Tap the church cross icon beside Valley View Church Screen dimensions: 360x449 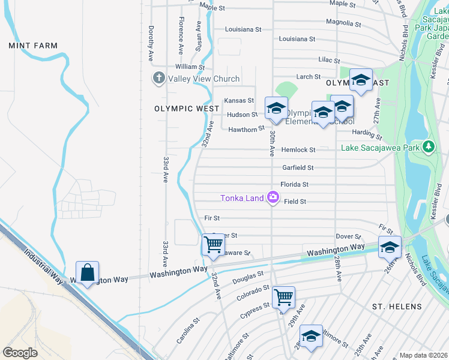coord(158,78)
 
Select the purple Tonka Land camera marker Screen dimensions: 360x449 coord(273,197)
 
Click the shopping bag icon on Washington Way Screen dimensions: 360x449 coord(87,272)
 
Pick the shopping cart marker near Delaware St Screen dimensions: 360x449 coord(213,244)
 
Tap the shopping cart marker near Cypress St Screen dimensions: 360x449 coord(283,296)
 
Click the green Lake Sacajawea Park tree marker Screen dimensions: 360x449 coord(428,146)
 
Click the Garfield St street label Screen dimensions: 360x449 coord(298,167)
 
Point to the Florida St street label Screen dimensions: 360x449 coord(294,184)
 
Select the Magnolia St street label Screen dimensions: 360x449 coord(343,23)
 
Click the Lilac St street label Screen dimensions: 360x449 coord(329,61)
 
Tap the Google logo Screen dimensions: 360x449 coord(20,352)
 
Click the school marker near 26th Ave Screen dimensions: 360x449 coord(390,247)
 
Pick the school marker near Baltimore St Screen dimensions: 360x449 coord(311,337)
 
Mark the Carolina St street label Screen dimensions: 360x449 coord(188,332)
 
